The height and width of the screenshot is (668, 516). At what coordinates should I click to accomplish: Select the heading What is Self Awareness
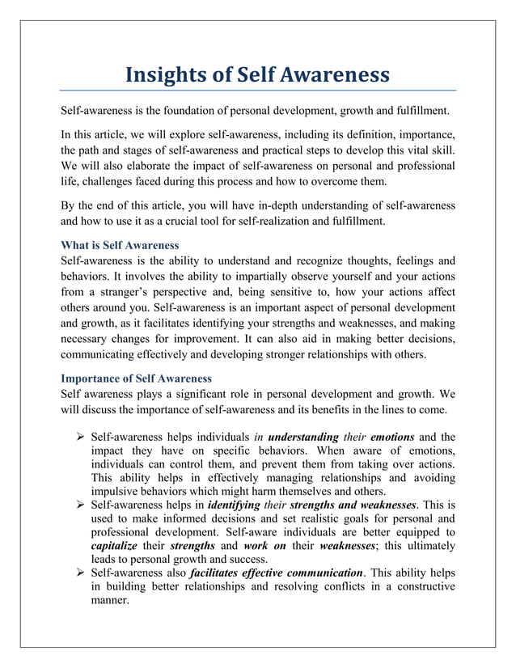pyautogui.click(x=121, y=245)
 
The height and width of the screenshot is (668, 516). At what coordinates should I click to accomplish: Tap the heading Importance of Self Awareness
pyautogui.click(x=136, y=378)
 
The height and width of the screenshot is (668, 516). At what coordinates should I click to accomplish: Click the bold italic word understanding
pyautogui.click(x=302, y=437)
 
